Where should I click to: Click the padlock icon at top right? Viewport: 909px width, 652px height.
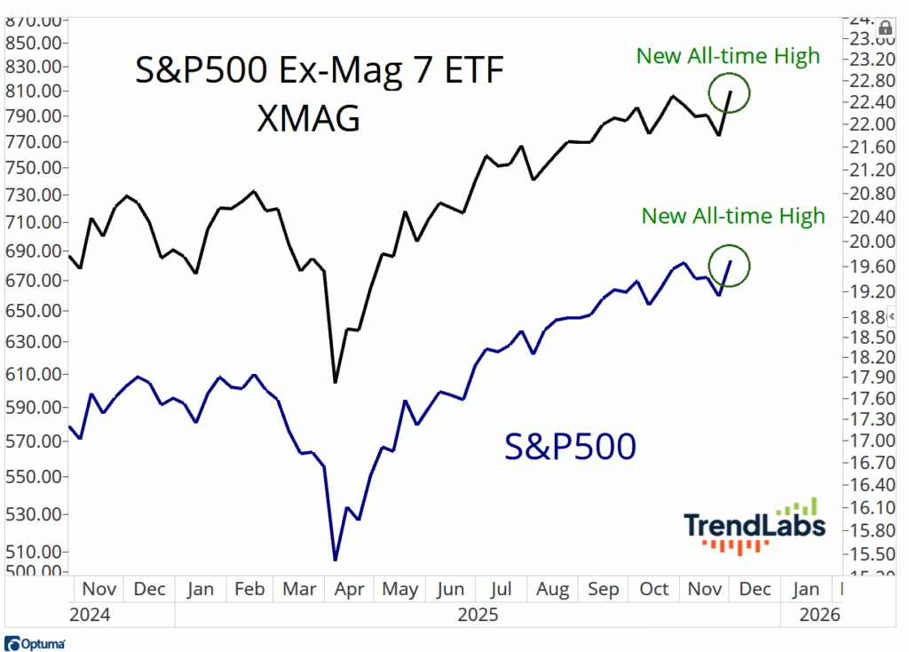tap(883, 28)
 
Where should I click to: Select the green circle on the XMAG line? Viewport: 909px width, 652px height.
tap(730, 91)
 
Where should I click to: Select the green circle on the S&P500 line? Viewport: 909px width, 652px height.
tap(730, 264)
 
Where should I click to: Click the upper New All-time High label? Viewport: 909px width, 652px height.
tap(728, 57)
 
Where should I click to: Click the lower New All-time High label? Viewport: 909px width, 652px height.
tap(733, 216)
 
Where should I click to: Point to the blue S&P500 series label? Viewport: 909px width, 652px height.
tap(570, 447)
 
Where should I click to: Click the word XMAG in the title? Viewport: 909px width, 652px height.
tap(308, 117)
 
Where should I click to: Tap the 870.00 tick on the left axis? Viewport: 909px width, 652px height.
tap(34, 20)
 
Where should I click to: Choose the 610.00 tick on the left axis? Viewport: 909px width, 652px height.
tap(34, 375)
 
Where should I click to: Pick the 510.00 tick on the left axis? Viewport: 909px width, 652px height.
tap(34, 552)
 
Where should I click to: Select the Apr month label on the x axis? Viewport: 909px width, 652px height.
tap(348, 589)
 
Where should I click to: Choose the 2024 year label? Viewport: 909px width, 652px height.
tap(90, 614)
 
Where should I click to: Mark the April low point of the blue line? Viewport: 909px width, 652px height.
tap(335, 560)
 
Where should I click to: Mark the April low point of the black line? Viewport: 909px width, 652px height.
tap(335, 382)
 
